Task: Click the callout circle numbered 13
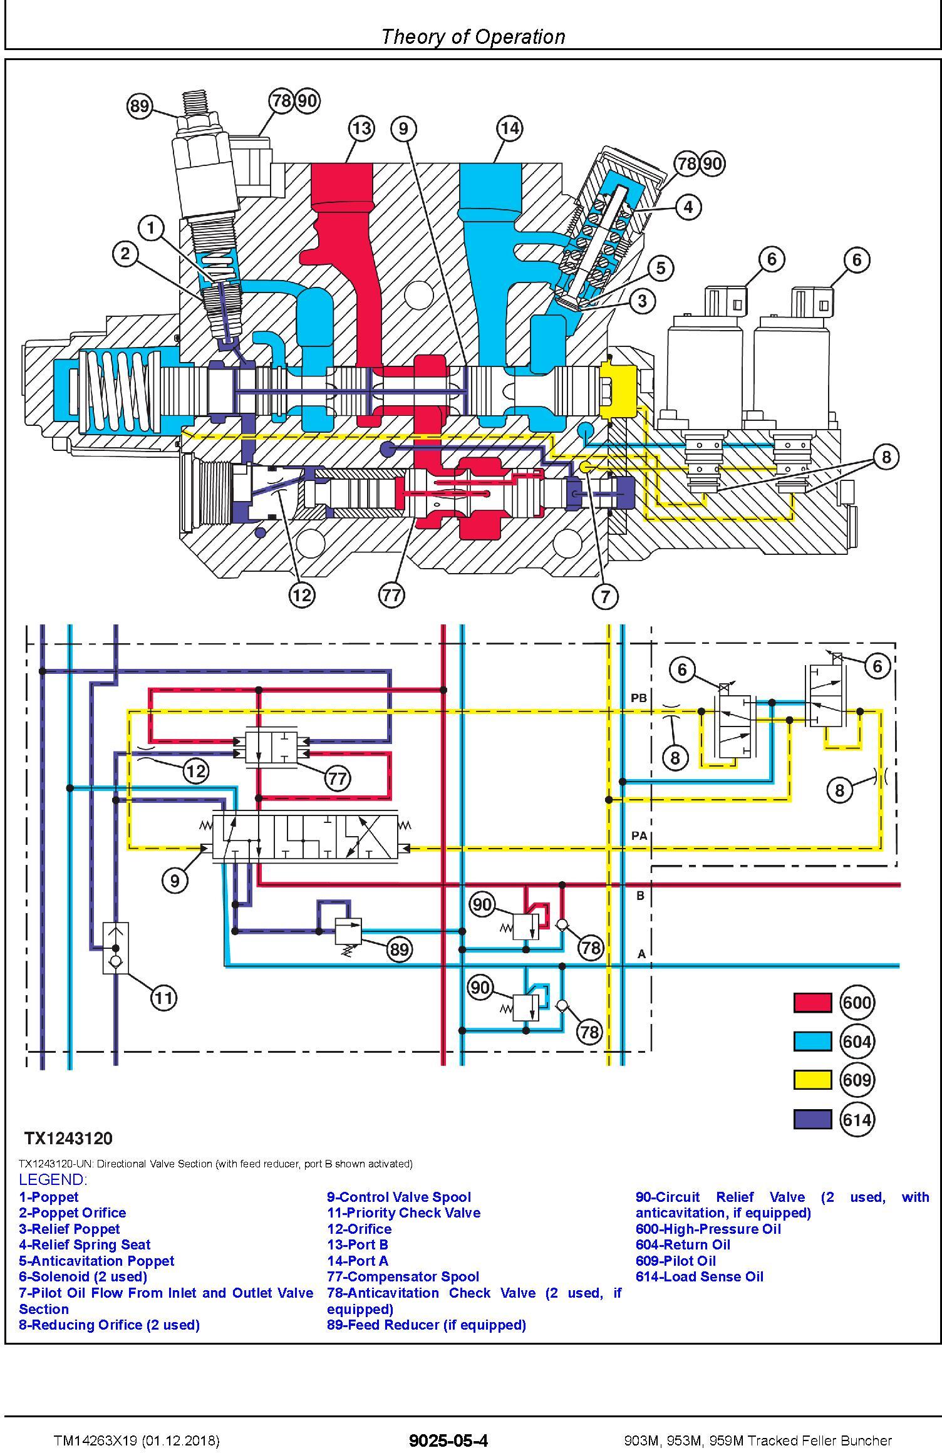361,129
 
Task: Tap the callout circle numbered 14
510,129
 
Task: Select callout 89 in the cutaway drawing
140,106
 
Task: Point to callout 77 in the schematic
338,778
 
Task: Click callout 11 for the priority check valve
163,997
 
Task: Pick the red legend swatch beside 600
812,1003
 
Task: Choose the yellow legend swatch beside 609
812,1080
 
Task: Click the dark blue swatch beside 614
812,1119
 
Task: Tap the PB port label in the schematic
639,698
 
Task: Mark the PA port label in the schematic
639,835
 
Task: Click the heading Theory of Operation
473,37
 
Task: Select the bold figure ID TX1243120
68,1138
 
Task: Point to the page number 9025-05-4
448,1440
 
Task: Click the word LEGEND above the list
53,1180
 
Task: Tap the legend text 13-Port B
358,1244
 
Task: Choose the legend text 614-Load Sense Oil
699,1276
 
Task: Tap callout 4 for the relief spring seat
688,207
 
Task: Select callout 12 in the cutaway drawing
302,594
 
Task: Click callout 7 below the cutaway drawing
605,596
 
